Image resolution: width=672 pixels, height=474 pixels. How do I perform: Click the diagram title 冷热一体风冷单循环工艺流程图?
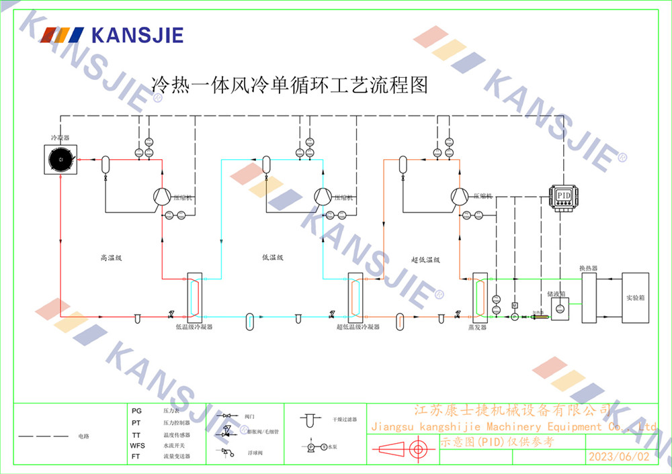(290, 85)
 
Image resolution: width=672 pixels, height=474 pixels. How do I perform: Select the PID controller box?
(563, 195)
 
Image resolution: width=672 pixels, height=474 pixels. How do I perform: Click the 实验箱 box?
(635, 297)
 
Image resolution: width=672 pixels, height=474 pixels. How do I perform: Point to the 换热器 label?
(589, 268)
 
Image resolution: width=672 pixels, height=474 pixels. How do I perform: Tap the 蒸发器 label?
(477, 327)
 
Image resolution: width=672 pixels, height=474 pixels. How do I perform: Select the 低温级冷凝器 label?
(194, 327)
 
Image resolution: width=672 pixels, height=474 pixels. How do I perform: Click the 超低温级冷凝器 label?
(358, 327)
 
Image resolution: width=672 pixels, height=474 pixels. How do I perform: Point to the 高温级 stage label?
(110, 257)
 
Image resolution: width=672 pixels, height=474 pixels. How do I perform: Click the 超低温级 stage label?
(425, 259)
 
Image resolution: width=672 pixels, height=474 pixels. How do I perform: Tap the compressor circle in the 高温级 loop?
(161, 196)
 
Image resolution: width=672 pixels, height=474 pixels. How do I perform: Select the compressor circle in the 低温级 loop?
(323, 196)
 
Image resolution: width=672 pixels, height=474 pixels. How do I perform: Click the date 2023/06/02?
(619, 457)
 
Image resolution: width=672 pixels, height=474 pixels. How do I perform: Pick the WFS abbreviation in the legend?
(137, 445)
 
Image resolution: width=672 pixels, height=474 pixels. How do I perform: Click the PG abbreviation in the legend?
(136, 410)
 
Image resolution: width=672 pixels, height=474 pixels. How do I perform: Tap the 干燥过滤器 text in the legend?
(344, 419)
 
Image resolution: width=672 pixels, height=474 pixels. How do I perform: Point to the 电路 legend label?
(83, 436)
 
